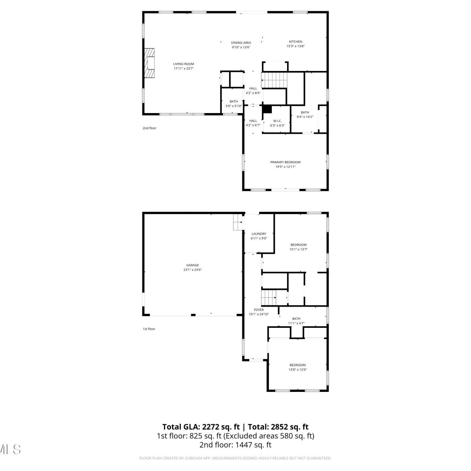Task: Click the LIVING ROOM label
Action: pyautogui.click(x=184, y=64)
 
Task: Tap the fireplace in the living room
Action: pyautogui.click(x=149, y=63)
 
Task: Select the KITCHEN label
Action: pyautogui.click(x=295, y=41)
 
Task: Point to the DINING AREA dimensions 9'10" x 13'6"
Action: pyautogui.click(x=241, y=47)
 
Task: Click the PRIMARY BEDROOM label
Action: pyautogui.click(x=285, y=162)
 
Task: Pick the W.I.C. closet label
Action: pyautogui.click(x=277, y=121)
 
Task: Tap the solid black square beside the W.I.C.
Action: pyautogui.click(x=267, y=109)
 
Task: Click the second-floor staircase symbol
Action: pyautogui.click(x=274, y=80)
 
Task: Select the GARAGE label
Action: pyautogui.click(x=192, y=265)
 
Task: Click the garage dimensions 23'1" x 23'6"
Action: pyautogui.click(x=192, y=270)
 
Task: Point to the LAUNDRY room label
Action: pyautogui.click(x=259, y=234)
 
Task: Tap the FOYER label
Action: pyautogui.click(x=259, y=310)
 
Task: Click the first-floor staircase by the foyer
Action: pyautogui.click(x=269, y=297)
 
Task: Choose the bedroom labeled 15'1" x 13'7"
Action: pyautogui.click(x=298, y=245)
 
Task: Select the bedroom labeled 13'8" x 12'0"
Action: pyautogui.click(x=297, y=365)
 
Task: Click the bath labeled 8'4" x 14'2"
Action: pyautogui.click(x=305, y=112)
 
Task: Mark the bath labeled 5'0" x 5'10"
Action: pyautogui.click(x=234, y=101)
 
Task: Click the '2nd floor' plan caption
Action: pyautogui.click(x=149, y=128)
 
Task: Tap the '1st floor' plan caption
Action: pyautogui.click(x=149, y=329)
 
